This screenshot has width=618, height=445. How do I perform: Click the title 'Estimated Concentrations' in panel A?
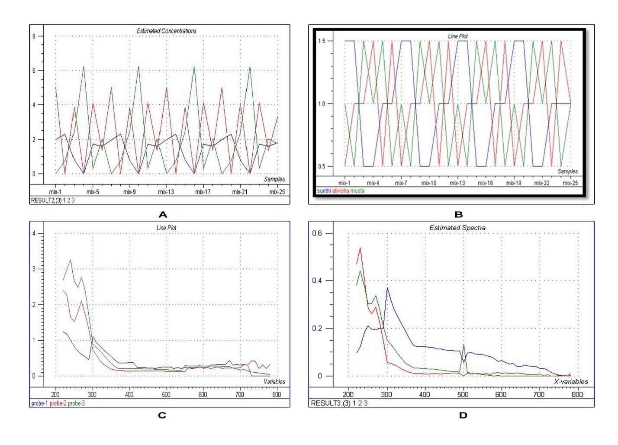tap(167, 31)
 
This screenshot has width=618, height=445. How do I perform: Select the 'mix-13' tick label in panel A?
tap(166, 192)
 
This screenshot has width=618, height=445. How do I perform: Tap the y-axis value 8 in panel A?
tap(34, 36)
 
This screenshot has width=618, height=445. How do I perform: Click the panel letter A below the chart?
tap(163, 214)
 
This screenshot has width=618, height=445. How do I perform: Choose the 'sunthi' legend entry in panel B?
tap(324, 191)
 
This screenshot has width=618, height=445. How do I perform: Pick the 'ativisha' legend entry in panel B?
tap(340, 191)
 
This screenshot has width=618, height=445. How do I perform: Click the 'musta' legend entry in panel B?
tap(357, 191)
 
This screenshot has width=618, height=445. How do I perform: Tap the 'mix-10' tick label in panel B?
tap(429, 183)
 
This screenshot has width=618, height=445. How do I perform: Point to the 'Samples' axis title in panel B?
tap(567, 171)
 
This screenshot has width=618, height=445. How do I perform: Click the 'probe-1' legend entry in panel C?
tap(39, 403)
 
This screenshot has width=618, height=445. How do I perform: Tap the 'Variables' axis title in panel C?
tap(274, 381)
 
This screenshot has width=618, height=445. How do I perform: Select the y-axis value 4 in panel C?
tap(34, 233)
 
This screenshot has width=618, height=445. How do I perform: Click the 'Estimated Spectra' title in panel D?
tap(457, 228)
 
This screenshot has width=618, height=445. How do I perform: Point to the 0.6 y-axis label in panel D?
tap(318, 233)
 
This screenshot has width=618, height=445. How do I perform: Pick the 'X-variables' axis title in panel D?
tap(571, 381)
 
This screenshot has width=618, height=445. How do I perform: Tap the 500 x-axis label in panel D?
tap(463, 394)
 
